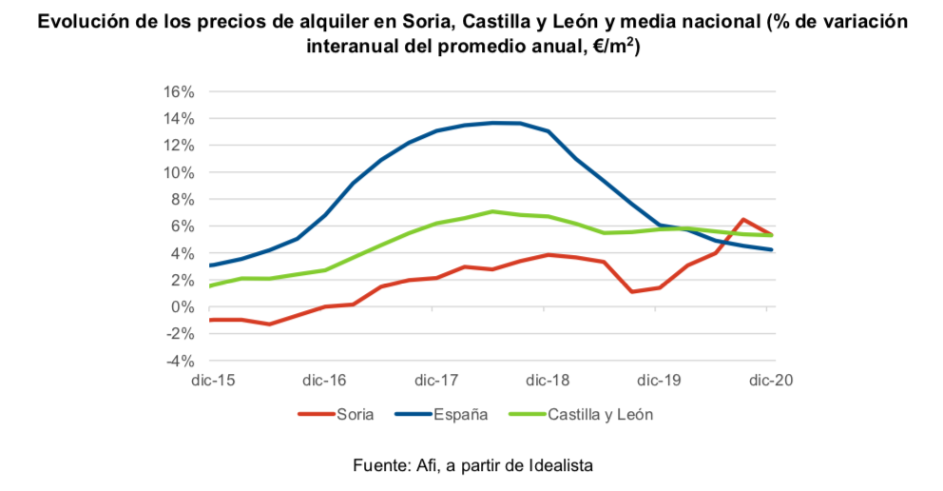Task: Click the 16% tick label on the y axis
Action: coord(179,92)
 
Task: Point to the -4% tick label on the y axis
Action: coord(180,361)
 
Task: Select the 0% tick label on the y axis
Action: coord(183,307)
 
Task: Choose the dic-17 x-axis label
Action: coord(436,381)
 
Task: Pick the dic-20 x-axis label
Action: coord(771,381)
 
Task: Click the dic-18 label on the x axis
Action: coord(548,381)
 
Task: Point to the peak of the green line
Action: coord(491,211)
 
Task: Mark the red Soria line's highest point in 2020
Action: coord(743,219)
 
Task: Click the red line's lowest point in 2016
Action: coord(271,324)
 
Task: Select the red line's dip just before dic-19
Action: coord(632,291)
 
